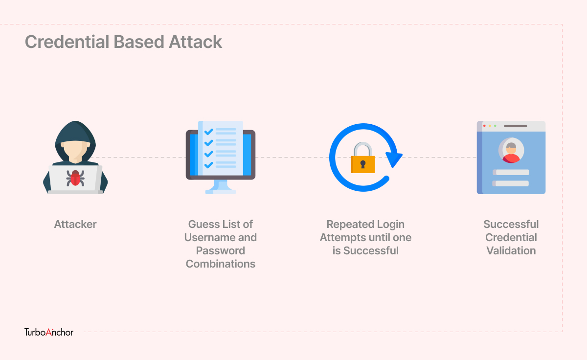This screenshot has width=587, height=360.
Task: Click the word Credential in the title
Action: (x=67, y=42)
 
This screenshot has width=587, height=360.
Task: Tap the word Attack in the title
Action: (x=196, y=42)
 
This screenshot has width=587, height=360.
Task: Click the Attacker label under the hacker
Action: (x=75, y=225)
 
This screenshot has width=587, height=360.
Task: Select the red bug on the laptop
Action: (x=75, y=178)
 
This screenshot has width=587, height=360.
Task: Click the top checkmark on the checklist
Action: (x=208, y=132)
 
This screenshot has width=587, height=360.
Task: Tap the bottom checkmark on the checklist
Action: (x=208, y=165)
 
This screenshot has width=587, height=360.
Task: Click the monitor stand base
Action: (x=221, y=192)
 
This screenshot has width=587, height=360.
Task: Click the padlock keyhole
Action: (x=363, y=164)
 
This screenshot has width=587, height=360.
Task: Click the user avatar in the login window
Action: (x=511, y=150)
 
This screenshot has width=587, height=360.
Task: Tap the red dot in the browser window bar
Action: (x=484, y=126)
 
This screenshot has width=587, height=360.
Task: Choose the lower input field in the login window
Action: (x=511, y=183)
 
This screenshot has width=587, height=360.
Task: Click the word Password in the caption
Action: (x=221, y=251)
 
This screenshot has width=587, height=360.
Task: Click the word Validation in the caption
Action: (x=511, y=251)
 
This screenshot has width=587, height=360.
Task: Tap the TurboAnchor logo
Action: (x=49, y=332)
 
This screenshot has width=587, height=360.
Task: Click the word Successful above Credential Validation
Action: (x=511, y=225)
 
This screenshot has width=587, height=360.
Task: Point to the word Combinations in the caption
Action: (x=221, y=264)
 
